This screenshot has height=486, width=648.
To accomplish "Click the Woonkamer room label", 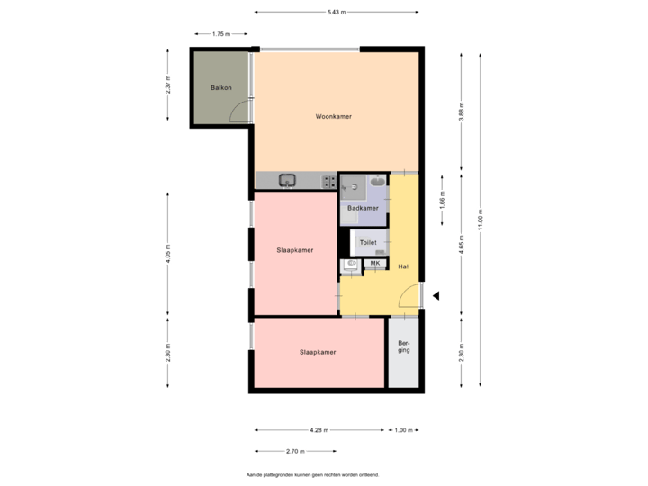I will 333,117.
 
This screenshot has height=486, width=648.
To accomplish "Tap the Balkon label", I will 220,88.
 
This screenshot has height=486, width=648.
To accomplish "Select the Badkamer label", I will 362,209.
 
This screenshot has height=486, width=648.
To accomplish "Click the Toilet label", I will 367,243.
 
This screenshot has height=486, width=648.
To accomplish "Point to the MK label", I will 374,263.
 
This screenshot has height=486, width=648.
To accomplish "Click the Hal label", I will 403,266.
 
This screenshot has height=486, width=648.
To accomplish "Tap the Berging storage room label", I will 404,347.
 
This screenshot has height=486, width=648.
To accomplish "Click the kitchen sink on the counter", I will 288,181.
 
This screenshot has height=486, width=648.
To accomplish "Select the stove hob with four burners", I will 330,182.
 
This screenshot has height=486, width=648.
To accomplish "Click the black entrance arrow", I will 436,295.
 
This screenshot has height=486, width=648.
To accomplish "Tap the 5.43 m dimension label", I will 334,13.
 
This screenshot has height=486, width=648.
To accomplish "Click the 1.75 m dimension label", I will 220,34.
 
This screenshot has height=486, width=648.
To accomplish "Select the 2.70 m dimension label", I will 292,451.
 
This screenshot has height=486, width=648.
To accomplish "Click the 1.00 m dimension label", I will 403,430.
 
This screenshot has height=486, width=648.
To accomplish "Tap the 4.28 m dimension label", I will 318,430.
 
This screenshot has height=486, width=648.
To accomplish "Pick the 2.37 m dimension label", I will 168,85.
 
